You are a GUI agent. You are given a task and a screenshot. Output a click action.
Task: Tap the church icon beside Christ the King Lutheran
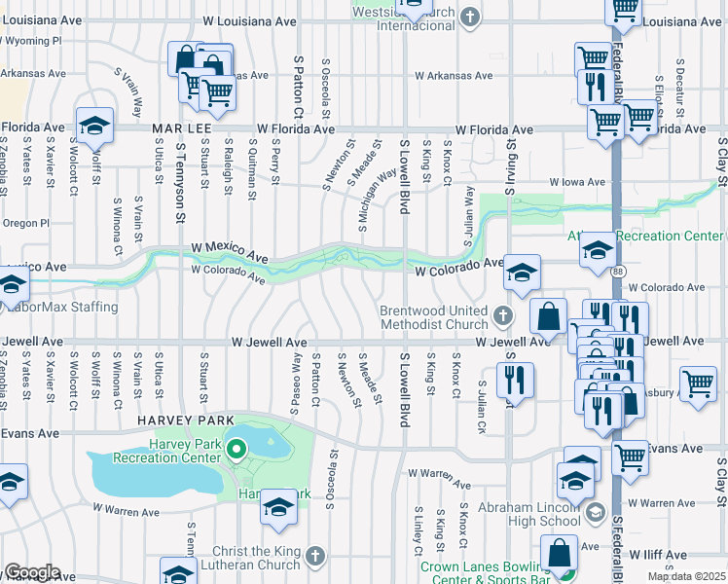click(312, 555)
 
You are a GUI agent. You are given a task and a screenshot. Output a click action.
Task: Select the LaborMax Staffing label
click(60, 307)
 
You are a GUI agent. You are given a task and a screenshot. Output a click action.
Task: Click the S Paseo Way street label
click(296, 383)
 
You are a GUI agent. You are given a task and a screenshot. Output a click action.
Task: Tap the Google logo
click(32, 572)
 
